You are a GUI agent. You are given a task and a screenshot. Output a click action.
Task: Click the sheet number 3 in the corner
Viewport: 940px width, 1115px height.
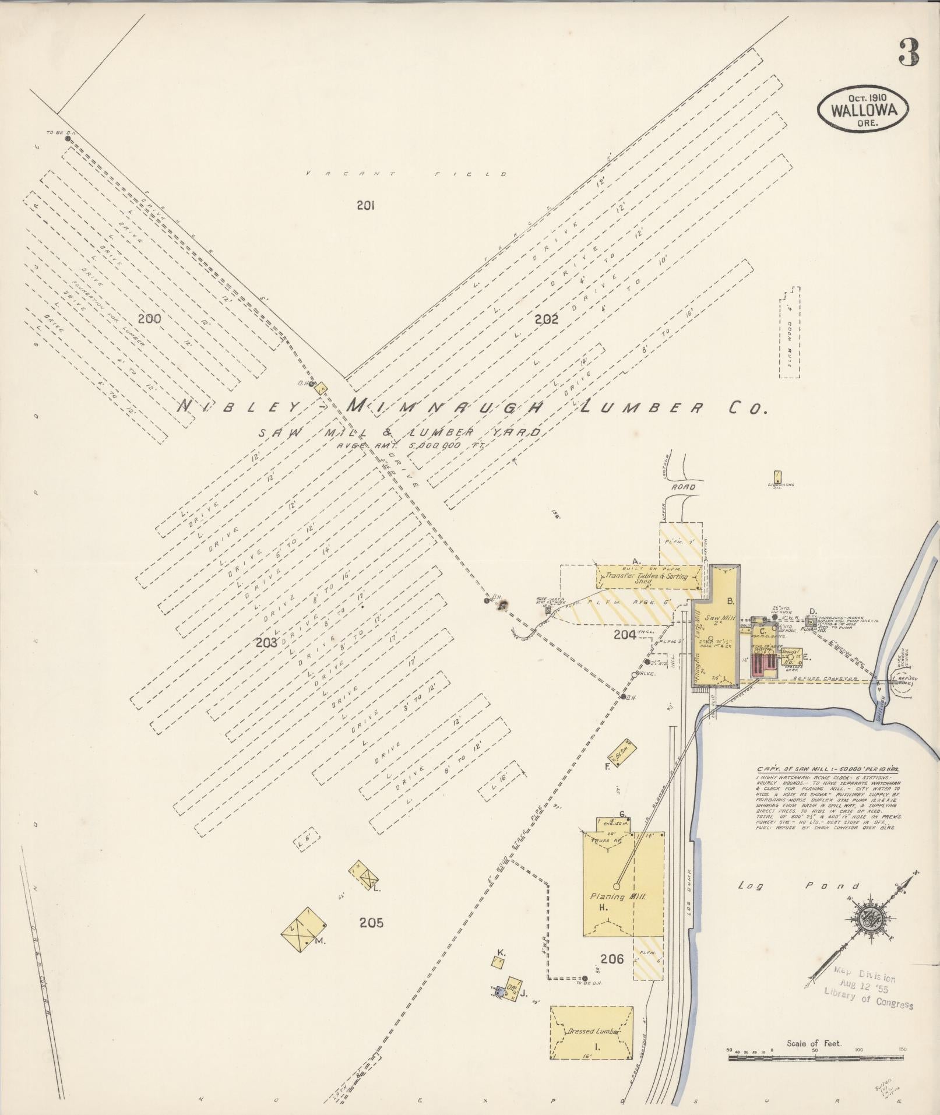click(x=909, y=54)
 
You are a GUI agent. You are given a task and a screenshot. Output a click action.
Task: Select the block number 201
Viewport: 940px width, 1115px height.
click(x=365, y=205)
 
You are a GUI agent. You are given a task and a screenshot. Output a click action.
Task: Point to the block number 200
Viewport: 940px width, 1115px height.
click(x=150, y=318)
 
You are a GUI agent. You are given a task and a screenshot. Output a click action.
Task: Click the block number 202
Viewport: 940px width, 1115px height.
click(x=546, y=319)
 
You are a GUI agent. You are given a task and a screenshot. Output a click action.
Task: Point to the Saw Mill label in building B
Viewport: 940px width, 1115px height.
click(x=719, y=618)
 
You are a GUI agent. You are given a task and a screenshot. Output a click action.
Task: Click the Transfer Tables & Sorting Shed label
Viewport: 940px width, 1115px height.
click(x=647, y=577)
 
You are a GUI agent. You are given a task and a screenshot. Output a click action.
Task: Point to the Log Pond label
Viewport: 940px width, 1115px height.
click(x=798, y=902)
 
